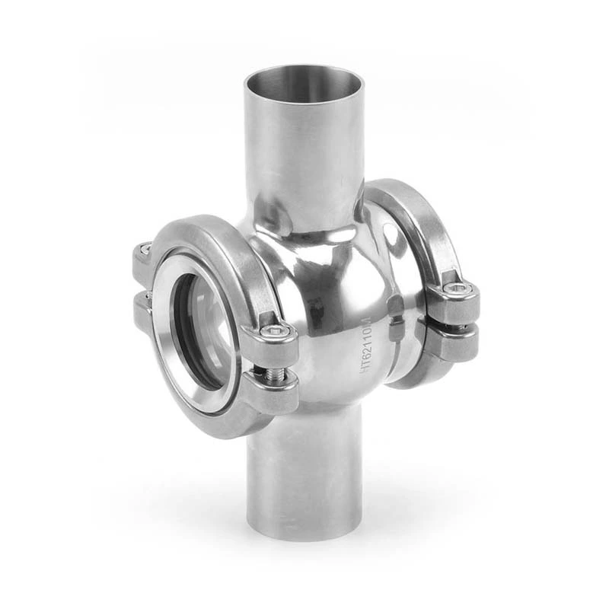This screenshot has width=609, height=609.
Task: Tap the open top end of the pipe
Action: pos(304,83)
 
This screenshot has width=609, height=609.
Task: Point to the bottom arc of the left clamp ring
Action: pos(221,426)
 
